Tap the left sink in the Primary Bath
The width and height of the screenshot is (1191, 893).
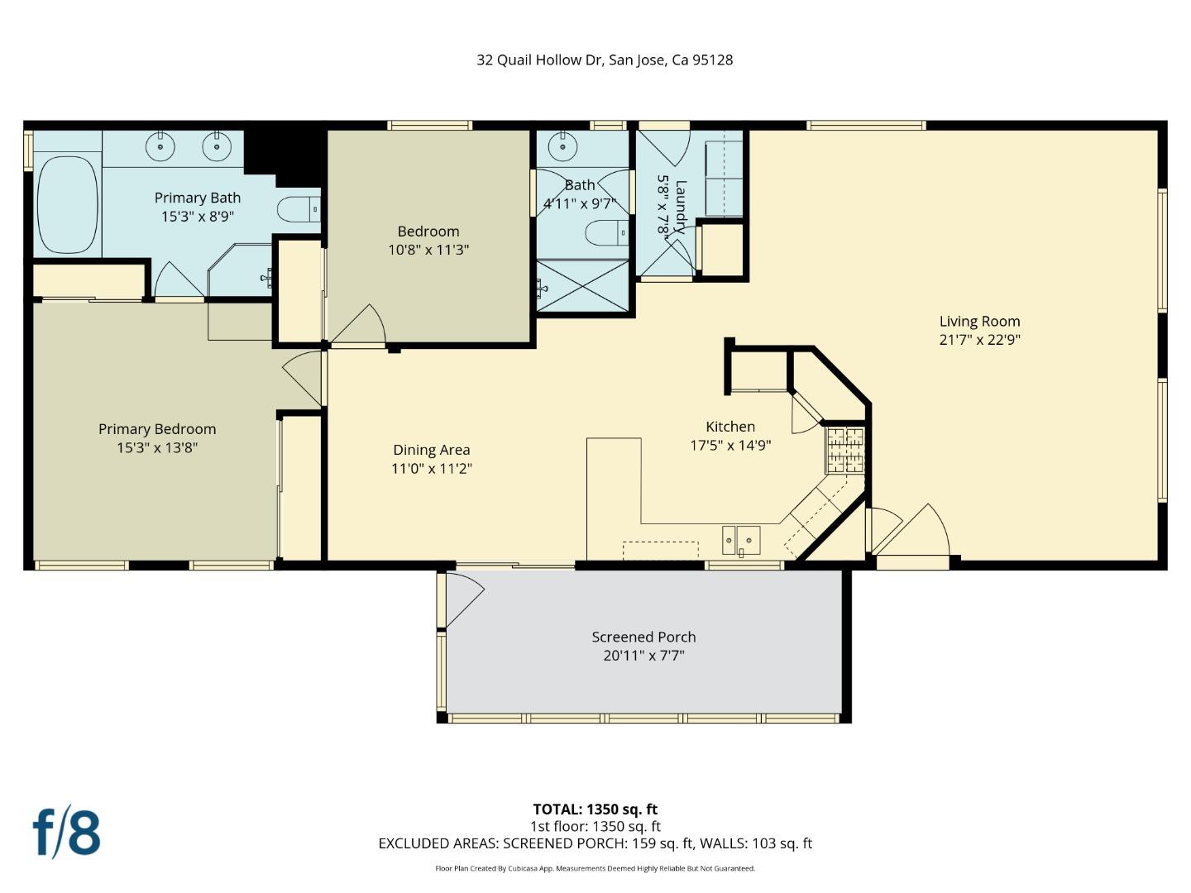tap(160, 147)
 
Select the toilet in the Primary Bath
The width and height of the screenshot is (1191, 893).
tap(297, 210)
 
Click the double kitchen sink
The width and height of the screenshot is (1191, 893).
tap(741, 540)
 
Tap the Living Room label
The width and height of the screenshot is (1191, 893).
tap(979, 322)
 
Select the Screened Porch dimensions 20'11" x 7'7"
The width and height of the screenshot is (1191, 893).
tap(643, 656)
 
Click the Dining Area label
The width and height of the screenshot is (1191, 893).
tap(431, 450)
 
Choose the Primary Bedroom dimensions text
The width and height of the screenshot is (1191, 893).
tap(157, 447)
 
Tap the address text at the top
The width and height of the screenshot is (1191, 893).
tap(605, 60)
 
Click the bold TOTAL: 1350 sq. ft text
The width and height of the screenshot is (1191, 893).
tap(595, 809)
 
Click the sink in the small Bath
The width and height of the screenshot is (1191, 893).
tap(562, 147)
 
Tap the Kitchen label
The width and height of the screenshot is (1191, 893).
tap(729, 427)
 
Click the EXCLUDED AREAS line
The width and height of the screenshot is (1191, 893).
tap(595, 843)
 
